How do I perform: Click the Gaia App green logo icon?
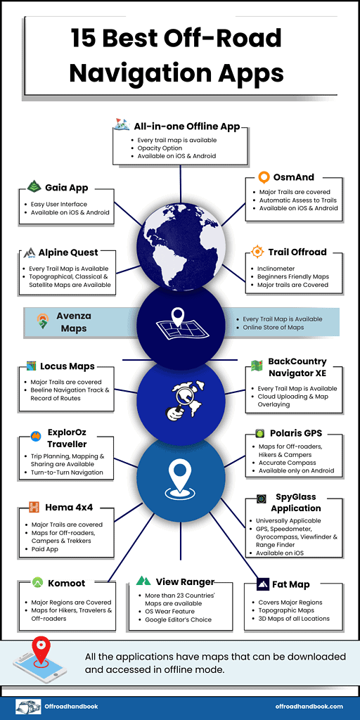[34, 186]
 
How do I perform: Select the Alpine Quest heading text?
[68, 252]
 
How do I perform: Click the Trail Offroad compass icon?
[257, 252]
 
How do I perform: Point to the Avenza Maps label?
[73, 322]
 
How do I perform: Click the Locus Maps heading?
[67, 366]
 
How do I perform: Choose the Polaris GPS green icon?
[260, 433]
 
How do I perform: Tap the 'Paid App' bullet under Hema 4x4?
[45, 548]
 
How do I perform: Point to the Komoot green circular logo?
[38, 583]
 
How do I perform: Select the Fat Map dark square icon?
[263, 584]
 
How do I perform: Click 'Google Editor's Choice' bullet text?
[178, 619]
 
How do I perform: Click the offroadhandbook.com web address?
[309, 706]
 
